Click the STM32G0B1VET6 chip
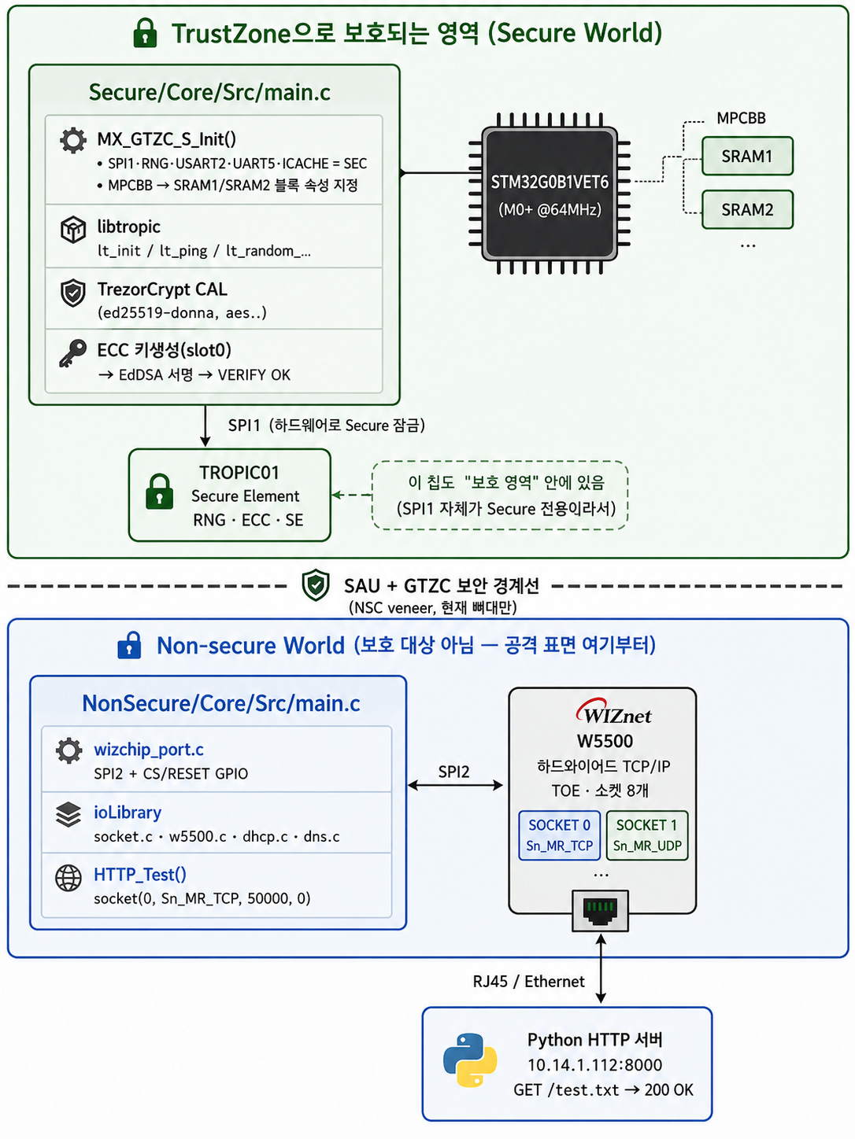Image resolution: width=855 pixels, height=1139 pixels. click(x=550, y=193)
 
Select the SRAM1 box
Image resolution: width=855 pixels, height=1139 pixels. click(x=747, y=156)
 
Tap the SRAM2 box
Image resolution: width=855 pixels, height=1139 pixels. click(x=747, y=210)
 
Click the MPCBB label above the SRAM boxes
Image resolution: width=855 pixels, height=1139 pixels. click(x=741, y=118)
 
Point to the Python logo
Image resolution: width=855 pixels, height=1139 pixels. click(x=470, y=1060)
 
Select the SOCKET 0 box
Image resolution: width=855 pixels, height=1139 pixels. click(x=559, y=835)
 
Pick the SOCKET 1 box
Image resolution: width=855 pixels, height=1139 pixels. click(x=647, y=835)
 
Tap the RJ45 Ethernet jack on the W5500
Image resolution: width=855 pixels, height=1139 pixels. click(x=600, y=911)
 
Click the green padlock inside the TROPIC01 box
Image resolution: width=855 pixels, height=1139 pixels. click(x=159, y=491)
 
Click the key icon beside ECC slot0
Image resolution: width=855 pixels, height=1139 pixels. click(x=72, y=353)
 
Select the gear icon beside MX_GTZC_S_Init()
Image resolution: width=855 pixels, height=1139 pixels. click(x=72, y=140)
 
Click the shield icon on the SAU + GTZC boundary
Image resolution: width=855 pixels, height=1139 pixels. click(x=316, y=584)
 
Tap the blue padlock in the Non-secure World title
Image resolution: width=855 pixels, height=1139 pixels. click(x=129, y=645)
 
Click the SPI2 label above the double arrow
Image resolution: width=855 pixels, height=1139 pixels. click(x=453, y=772)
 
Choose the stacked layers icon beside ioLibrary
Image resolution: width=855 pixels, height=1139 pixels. click(x=68, y=814)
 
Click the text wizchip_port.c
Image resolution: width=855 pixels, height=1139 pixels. click(x=149, y=750)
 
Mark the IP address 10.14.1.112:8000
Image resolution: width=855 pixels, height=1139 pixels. click(x=595, y=1065)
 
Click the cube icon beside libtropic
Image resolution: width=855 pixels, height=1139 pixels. click(x=73, y=230)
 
